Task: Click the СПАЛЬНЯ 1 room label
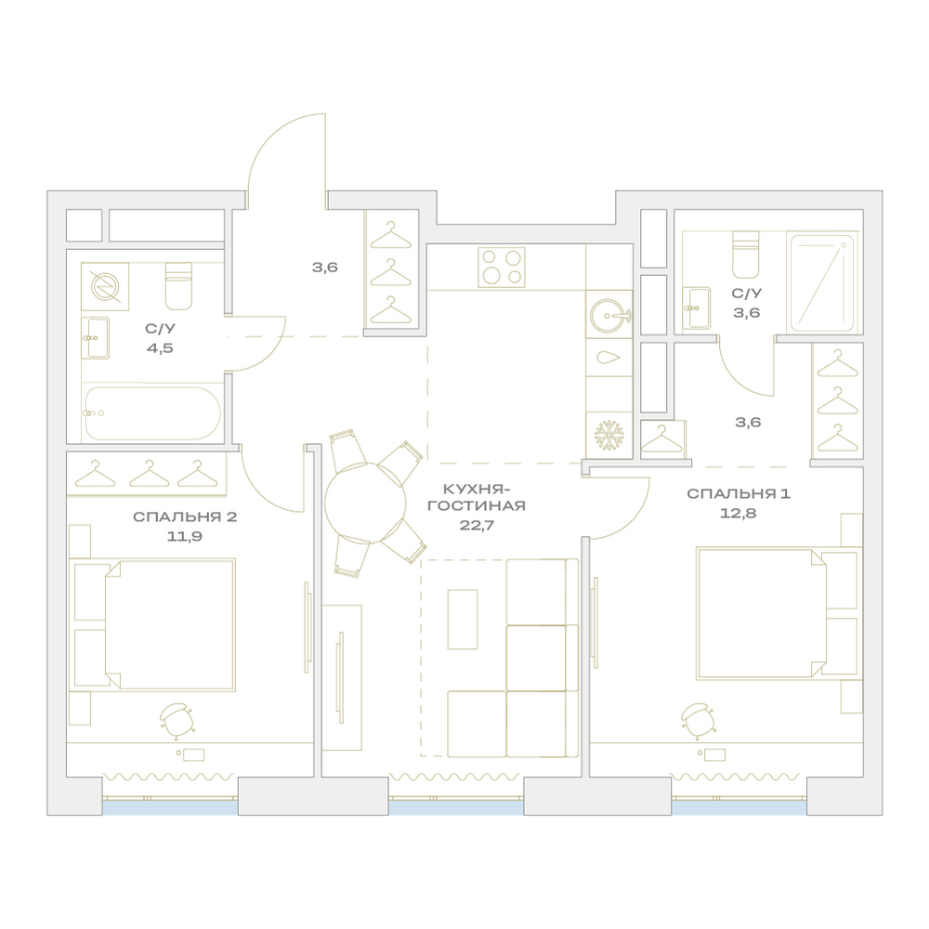(x=739, y=493)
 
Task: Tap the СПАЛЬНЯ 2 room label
(x=185, y=517)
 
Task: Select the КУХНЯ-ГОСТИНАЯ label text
(x=477, y=498)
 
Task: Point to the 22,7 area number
(x=477, y=525)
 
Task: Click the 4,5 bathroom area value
(x=160, y=347)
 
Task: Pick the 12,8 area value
(x=739, y=513)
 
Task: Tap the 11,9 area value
(x=185, y=536)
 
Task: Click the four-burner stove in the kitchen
(x=502, y=268)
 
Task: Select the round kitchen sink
(x=609, y=315)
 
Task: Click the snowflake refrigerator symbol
(x=609, y=436)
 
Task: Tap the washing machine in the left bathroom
(x=105, y=286)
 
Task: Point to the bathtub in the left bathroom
(x=153, y=413)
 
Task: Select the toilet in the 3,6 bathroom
(x=745, y=255)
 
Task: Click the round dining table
(x=365, y=502)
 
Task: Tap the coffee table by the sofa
(x=463, y=619)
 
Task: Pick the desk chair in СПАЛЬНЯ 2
(x=176, y=720)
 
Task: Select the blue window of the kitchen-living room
(x=456, y=807)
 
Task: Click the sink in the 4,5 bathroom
(x=95, y=338)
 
